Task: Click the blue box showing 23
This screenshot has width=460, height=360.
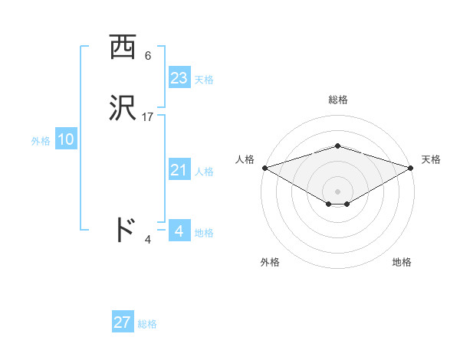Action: pyautogui.click(x=179, y=78)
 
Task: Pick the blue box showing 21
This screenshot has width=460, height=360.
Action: pyautogui.click(x=179, y=170)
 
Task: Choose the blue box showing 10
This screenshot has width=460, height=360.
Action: pyautogui.click(x=66, y=139)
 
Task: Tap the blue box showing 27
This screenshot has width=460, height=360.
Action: pyautogui.click(x=123, y=322)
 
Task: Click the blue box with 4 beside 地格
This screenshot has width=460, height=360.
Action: pyautogui.click(x=179, y=231)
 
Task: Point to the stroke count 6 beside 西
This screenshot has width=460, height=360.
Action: pyautogui.click(x=148, y=56)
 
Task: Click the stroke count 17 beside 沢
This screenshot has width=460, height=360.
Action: pyautogui.click(x=148, y=117)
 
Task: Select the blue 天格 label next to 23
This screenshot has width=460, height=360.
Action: pyautogui.click(x=204, y=80)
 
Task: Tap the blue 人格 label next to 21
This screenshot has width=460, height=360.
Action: pyautogui.click(x=204, y=172)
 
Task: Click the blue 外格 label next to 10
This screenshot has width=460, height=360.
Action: pyautogui.click(x=41, y=141)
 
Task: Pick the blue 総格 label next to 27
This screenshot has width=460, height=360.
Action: pyautogui.click(x=147, y=324)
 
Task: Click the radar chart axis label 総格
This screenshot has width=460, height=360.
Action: pyautogui.click(x=337, y=100)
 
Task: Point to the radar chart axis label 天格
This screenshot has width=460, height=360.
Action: pyautogui.click(x=432, y=159)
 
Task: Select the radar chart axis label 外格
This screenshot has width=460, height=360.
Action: pyautogui.click(x=270, y=262)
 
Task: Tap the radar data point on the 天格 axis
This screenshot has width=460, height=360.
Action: pyautogui.click(x=412, y=167)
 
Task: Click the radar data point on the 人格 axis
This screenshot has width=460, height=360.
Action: pyautogui.click(x=264, y=167)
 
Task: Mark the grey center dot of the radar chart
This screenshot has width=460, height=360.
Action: pyautogui.click(x=337, y=191)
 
